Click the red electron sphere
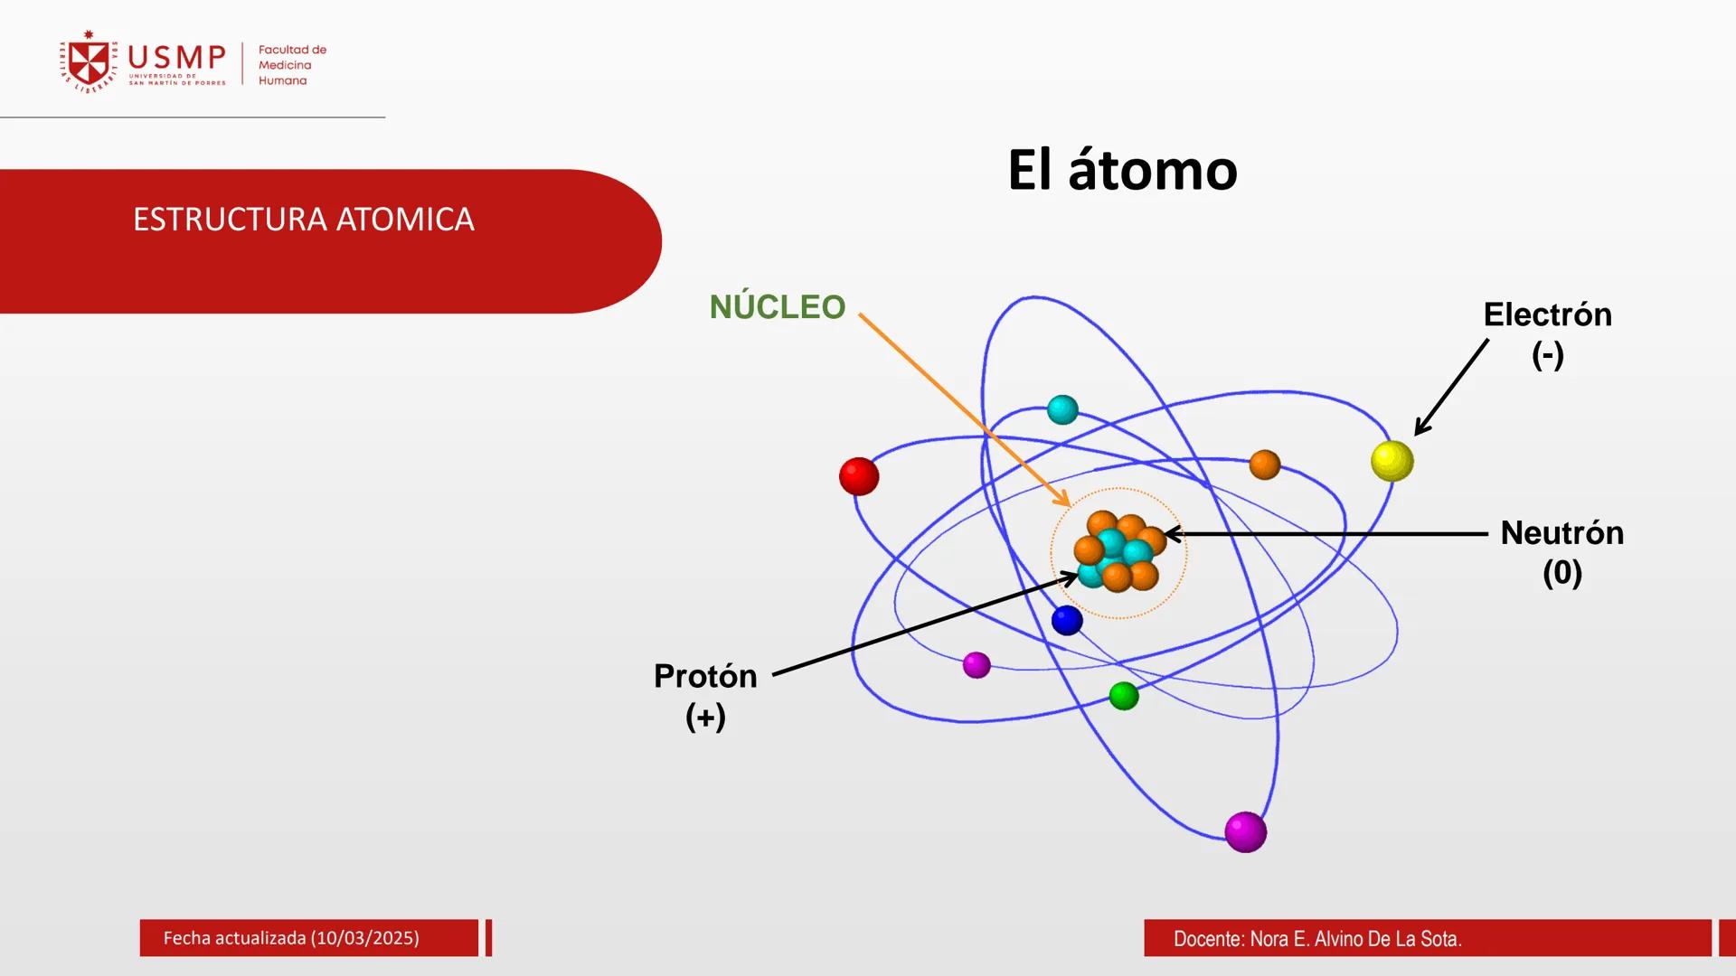click(x=859, y=476)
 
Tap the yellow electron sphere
click(x=1392, y=461)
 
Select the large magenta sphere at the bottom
click(x=1245, y=831)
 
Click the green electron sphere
click(x=1123, y=696)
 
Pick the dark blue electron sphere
click(x=1067, y=620)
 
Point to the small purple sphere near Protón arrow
click(x=976, y=665)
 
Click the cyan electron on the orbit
click(x=1062, y=409)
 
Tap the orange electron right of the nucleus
click(x=1264, y=465)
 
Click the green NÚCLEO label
click(x=777, y=307)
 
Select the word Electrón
click(x=1547, y=314)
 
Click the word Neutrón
click(x=1561, y=532)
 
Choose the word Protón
click(x=705, y=676)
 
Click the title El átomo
click(x=1122, y=170)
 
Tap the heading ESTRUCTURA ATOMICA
click(x=303, y=220)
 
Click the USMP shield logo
click(x=89, y=62)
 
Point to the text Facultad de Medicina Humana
click(x=291, y=65)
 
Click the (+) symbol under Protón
click(x=705, y=717)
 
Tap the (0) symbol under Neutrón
click(x=1561, y=573)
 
